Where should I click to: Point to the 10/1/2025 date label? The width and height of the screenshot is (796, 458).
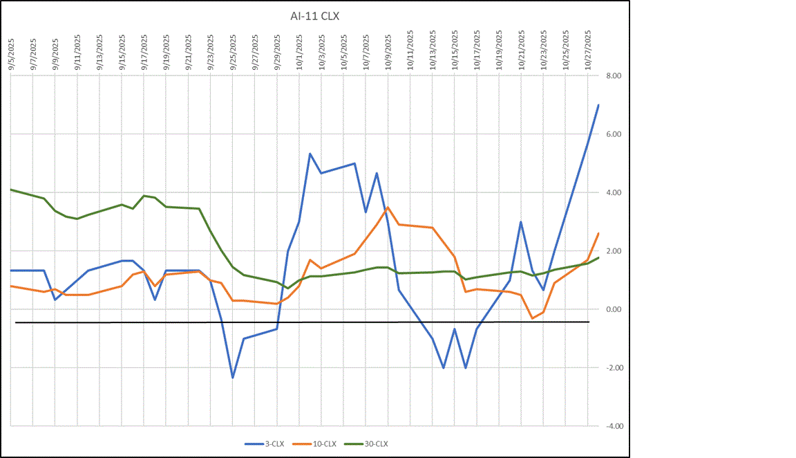click(299, 49)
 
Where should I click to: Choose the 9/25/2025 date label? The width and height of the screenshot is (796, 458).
click(233, 49)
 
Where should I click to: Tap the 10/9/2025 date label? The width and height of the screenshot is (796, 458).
click(388, 49)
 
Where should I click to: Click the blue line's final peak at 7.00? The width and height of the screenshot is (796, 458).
click(598, 104)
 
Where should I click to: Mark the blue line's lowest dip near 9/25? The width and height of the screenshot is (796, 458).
click(233, 377)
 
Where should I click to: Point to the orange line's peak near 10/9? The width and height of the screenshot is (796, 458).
click(388, 207)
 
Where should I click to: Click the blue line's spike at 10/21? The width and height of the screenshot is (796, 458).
click(520, 222)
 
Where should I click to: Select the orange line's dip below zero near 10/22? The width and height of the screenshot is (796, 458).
click(532, 318)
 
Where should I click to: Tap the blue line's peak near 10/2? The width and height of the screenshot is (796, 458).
click(310, 154)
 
